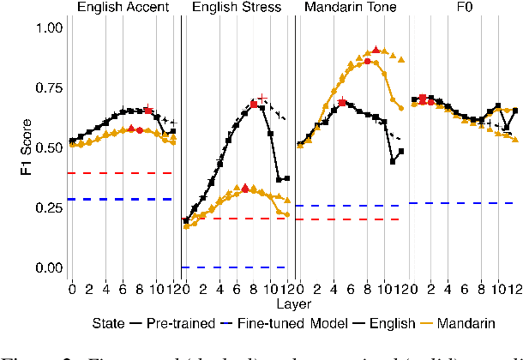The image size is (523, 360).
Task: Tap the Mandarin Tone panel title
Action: click(x=349, y=9)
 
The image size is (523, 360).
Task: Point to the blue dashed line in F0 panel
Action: click(x=463, y=203)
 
